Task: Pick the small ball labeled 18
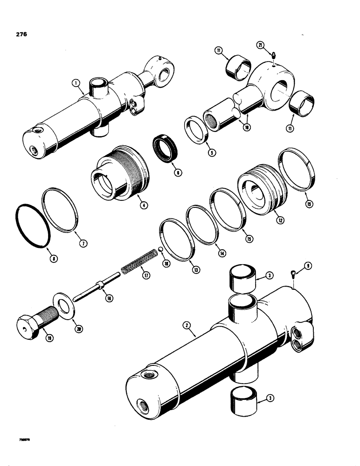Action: [159, 251]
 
